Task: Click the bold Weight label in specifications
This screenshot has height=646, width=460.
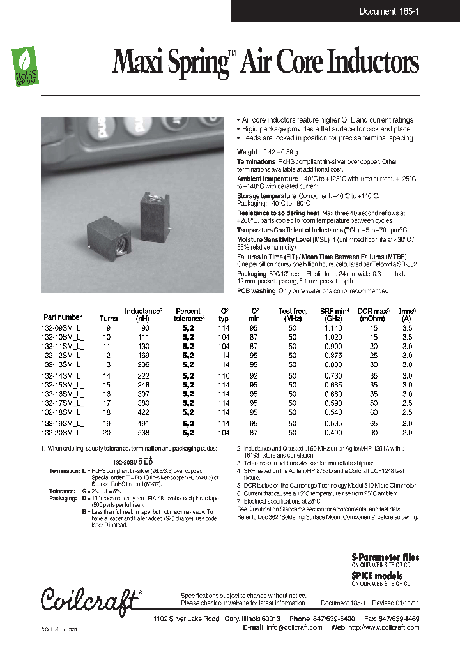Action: [x=247, y=152]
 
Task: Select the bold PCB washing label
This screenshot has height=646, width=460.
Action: [x=257, y=290]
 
